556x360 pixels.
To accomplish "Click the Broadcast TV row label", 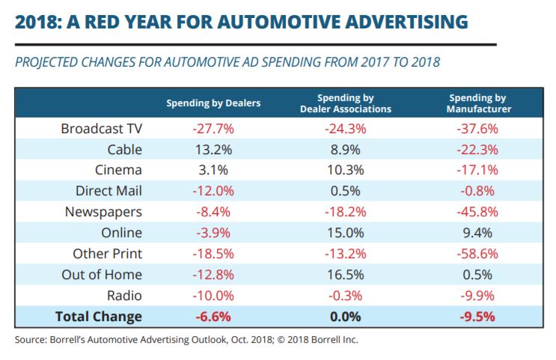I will pos(102,129).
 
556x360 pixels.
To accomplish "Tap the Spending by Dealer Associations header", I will pos(346,103).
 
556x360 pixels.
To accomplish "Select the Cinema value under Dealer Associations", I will pos(346,171).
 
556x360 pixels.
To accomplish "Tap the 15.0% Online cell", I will pos(346,234).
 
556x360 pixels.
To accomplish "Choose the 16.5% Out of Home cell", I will pos(346,275).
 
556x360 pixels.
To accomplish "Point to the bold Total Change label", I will pos(99,317).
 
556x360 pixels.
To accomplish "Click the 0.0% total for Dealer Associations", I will pos(346,317).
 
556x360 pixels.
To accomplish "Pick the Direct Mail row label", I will pos(109,192).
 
